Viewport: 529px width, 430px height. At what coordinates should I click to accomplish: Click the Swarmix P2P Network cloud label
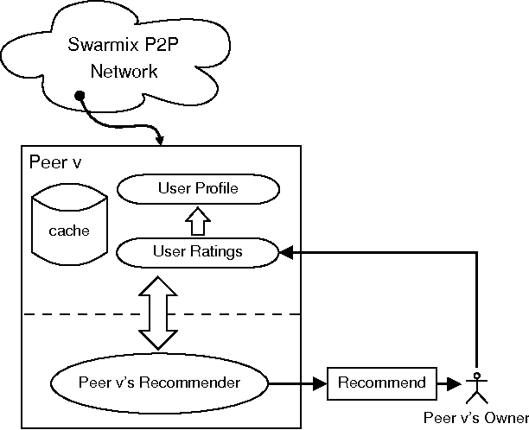(x=124, y=58)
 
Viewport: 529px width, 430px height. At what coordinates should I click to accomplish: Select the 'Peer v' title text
(x=55, y=162)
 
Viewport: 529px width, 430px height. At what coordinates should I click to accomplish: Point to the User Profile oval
(x=198, y=188)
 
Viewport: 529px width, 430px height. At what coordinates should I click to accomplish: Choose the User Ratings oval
(x=198, y=251)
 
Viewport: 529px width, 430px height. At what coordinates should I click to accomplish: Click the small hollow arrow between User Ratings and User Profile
(x=198, y=220)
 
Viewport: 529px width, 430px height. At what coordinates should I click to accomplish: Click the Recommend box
(x=381, y=383)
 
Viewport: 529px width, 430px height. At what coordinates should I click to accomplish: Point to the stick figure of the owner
(x=474, y=388)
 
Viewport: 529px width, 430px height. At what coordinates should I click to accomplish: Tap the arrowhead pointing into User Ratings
(x=286, y=252)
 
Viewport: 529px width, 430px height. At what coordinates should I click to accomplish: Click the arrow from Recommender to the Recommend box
(x=298, y=383)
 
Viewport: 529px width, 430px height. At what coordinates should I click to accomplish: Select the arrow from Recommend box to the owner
(x=449, y=383)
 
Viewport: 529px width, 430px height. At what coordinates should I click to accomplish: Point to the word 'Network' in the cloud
(x=124, y=71)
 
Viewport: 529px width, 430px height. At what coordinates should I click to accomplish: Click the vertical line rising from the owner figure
(x=475, y=311)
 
